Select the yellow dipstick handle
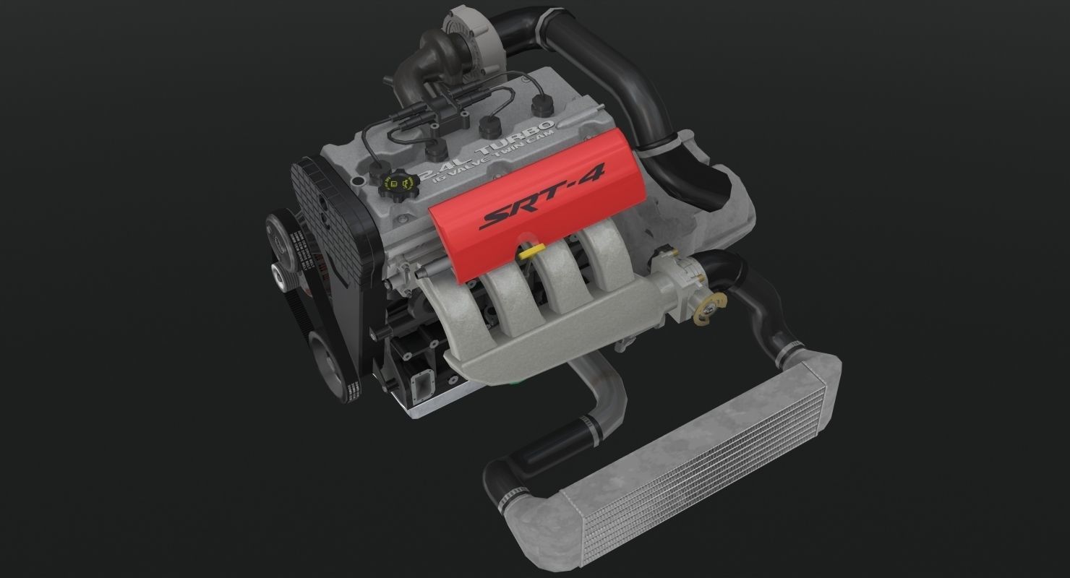coord(531,250)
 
